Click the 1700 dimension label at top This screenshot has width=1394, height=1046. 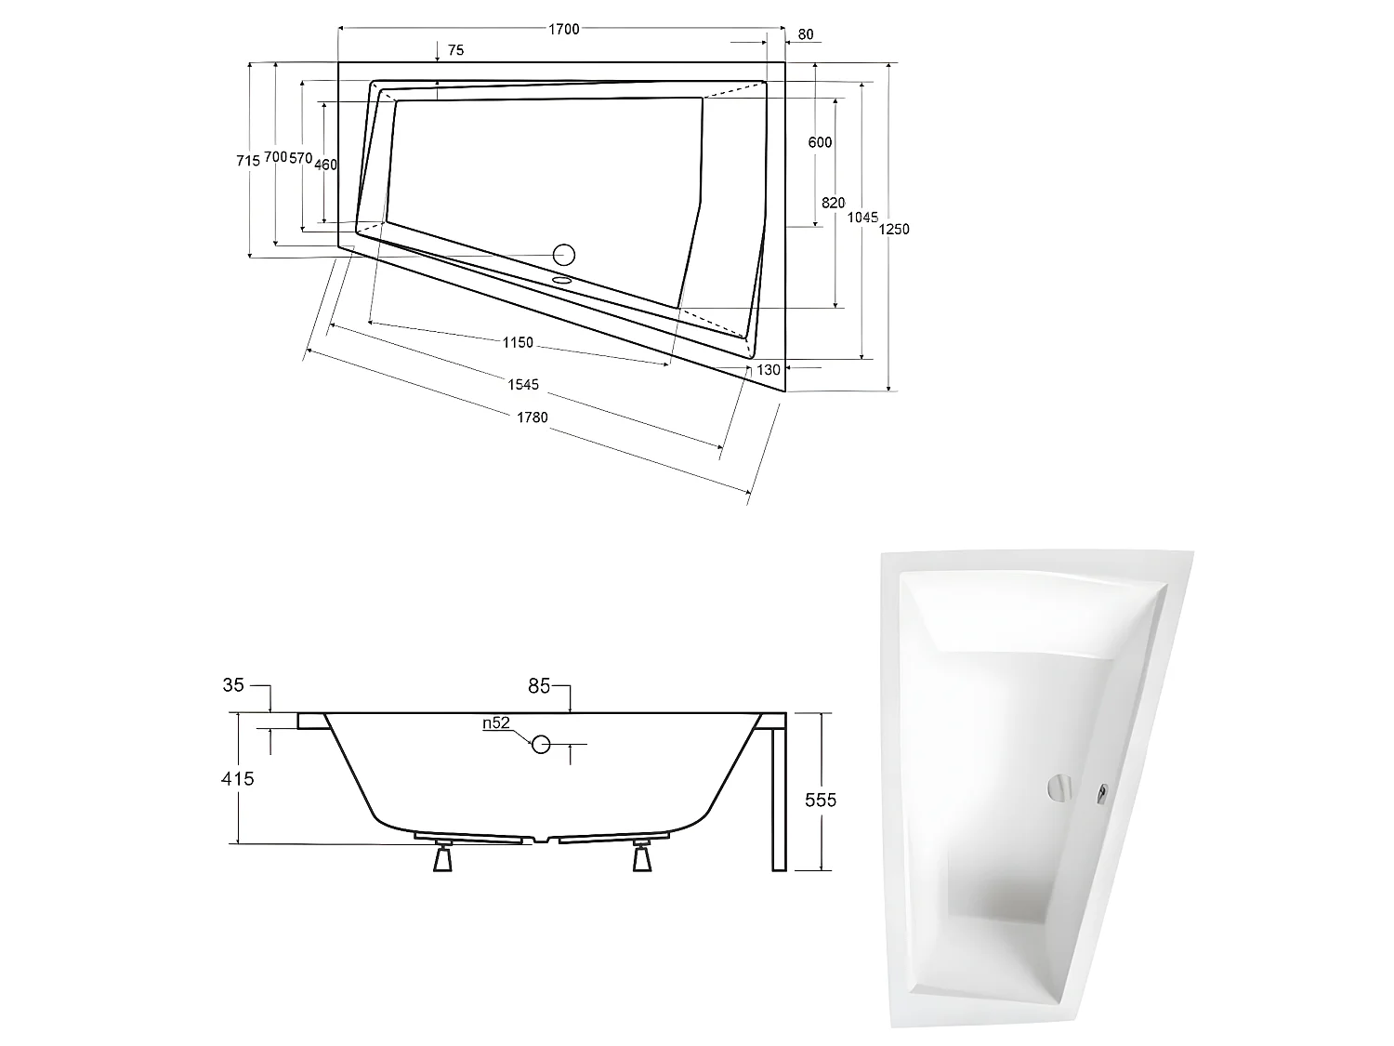[x=563, y=29]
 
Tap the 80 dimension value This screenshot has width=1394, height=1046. [x=805, y=35]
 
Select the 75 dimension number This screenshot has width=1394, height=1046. [x=455, y=51]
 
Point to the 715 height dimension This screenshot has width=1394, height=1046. [x=248, y=160]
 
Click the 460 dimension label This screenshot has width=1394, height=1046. [x=325, y=165]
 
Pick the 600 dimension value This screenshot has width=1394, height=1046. [x=820, y=142]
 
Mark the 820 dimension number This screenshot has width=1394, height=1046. [x=833, y=203]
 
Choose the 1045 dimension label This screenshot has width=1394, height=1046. [x=863, y=218]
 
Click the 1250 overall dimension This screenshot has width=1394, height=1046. [x=894, y=229]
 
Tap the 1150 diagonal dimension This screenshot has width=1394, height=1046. [x=518, y=342]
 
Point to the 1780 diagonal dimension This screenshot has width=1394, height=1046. [x=532, y=417]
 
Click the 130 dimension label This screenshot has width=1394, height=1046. [x=769, y=370]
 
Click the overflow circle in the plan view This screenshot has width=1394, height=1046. [x=564, y=254]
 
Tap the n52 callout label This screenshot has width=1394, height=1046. [x=496, y=724]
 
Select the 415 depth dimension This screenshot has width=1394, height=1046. [x=238, y=779]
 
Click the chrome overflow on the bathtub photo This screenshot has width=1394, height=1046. [x=1059, y=788]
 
